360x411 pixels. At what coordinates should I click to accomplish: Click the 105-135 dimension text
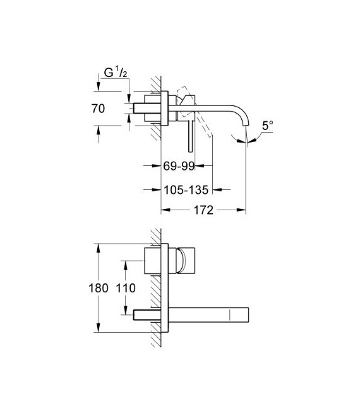tap(184, 188)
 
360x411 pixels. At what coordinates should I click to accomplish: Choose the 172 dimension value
tap(203, 210)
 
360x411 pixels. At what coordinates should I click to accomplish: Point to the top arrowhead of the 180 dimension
tap(99, 247)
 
